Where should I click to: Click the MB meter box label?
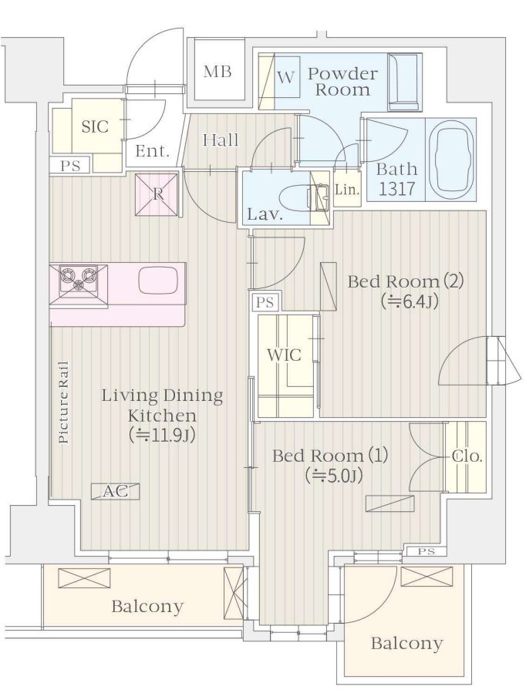[x=217, y=72]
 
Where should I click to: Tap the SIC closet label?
[x=95, y=126]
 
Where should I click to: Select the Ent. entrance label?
[x=153, y=151]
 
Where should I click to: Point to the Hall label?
[x=221, y=140]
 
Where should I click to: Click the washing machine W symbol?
[x=286, y=78]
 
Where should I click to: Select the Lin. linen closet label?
[x=347, y=190]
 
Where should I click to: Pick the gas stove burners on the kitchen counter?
[x=79, y=278]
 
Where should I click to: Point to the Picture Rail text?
[x=64, y=402]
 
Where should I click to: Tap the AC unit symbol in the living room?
[x=115, y=491]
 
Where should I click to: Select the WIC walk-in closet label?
[x=284, y=355]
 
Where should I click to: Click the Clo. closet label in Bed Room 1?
[x=467, y=456]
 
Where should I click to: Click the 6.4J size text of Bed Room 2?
[x=409, y=302]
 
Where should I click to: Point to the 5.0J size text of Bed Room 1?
[x=333, y=476]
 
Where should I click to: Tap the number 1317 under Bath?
[x=397, y=190]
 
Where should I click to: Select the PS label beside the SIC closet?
[x=70, y=166]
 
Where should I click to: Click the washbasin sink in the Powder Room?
[x=404, y=82]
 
